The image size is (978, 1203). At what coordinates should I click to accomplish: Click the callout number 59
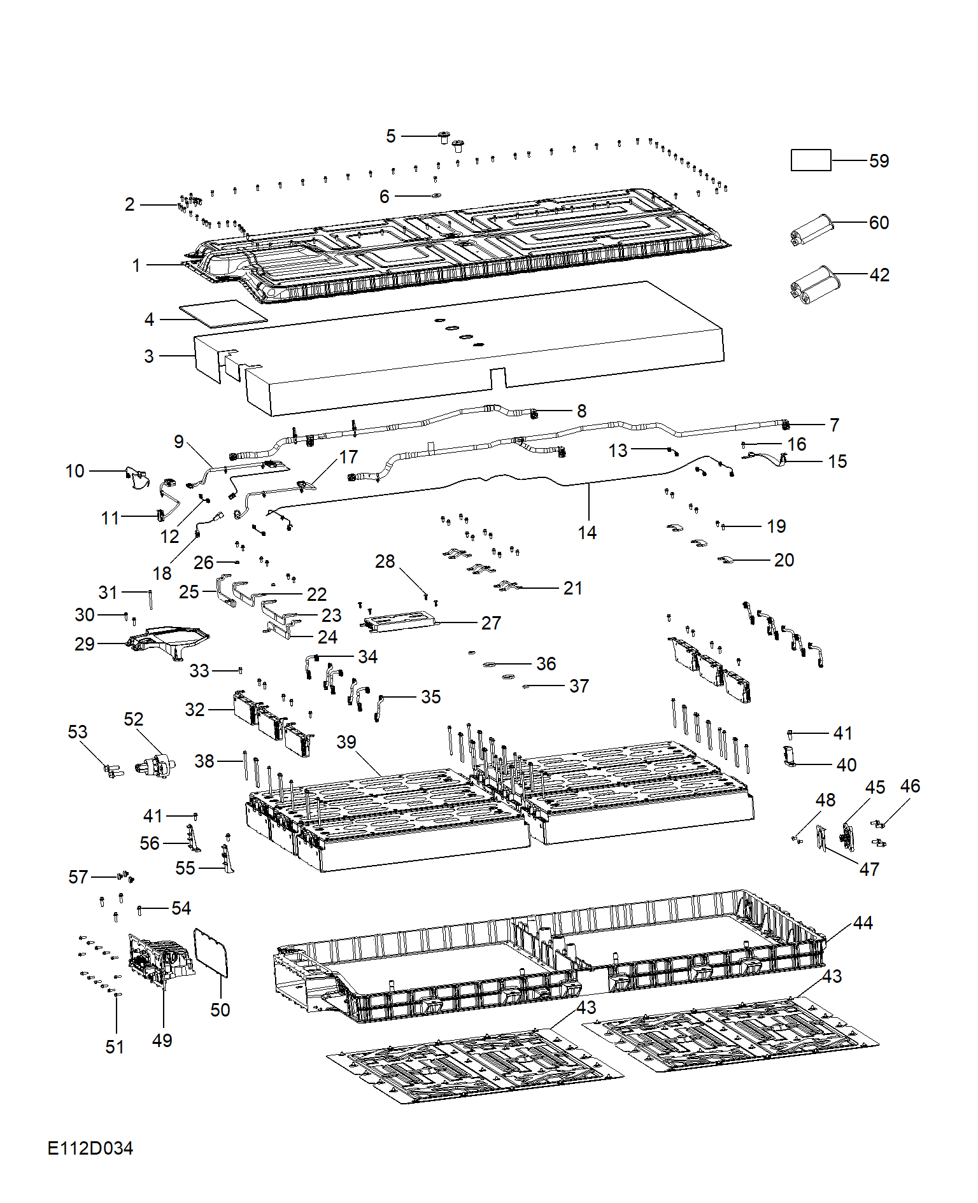click(x=879, y=161)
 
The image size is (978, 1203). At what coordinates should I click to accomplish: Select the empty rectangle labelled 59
click(x=811, y=160)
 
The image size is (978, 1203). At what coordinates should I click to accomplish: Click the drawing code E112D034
click(x=90, y=1148)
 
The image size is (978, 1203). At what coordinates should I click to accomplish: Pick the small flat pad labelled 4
click(x=223, y=314)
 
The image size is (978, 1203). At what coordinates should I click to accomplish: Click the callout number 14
click(x=587, y=533)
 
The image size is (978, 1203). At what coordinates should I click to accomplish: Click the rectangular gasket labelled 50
click(x=211, y=952)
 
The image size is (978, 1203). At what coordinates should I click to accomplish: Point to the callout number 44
click(x=863, y=923)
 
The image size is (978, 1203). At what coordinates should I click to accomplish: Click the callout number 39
click(x=346, y=742)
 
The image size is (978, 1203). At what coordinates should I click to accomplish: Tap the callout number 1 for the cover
click(x=136, y=265)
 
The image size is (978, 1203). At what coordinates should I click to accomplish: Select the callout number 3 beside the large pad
click(x=149, y=356)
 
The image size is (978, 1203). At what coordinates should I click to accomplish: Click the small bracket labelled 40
click(x=790, y=757)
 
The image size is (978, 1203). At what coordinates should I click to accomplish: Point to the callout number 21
click(x=573, y=588)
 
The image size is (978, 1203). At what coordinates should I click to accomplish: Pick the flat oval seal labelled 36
click(x=490, y=665)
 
